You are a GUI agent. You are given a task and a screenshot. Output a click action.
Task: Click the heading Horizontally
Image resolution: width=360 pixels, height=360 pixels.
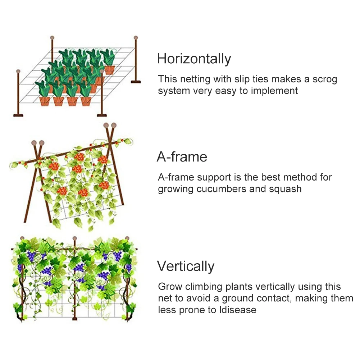[194, 59]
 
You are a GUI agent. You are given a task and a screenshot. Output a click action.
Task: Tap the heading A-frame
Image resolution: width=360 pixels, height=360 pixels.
[182, 157]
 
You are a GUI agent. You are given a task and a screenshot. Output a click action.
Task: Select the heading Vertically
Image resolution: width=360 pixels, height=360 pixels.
[186, 266]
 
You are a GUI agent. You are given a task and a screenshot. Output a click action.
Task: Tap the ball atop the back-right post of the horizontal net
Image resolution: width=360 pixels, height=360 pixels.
[136, 37]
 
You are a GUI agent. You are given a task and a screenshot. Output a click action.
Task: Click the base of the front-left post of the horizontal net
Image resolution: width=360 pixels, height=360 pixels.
[18, 115]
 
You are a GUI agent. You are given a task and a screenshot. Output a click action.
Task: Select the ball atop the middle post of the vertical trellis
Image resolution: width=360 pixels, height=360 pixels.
[74, 238]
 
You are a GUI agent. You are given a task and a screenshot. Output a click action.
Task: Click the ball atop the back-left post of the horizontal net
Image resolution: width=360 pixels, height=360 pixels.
[52, 37]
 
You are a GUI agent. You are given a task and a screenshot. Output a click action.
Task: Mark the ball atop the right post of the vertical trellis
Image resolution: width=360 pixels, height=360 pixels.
[127, 238]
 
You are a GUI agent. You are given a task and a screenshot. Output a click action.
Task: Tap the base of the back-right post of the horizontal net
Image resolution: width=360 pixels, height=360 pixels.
[136, 82]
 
